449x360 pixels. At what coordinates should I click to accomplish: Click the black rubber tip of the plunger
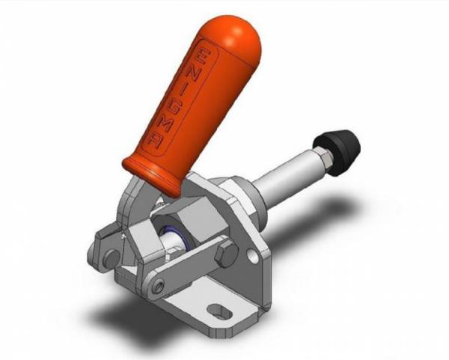(x=343, y=143)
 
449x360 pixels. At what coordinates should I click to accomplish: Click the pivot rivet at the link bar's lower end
(x=159, y=284)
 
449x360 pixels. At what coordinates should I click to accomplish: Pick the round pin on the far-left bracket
(x=110, y=257)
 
